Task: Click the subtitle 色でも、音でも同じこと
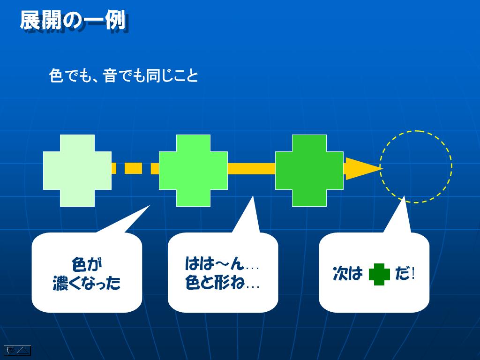pos(123,75)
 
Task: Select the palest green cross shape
pos(77,171)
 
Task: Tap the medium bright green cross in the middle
pos(193,171)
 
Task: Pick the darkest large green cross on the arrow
pos(309,171)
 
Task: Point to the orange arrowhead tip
pos(382,168)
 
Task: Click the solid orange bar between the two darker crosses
pos(251,169)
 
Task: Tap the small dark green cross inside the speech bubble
pos(379,274)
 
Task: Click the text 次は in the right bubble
pos(348,273)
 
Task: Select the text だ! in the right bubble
pos(405,273)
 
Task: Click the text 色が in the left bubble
pos(87,264)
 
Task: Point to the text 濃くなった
pos(87,283)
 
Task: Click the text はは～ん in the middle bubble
pos(215,263)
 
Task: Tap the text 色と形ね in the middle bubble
pos(215,282)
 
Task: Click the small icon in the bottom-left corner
pos(17,351)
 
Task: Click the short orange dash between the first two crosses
pos(134,169)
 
